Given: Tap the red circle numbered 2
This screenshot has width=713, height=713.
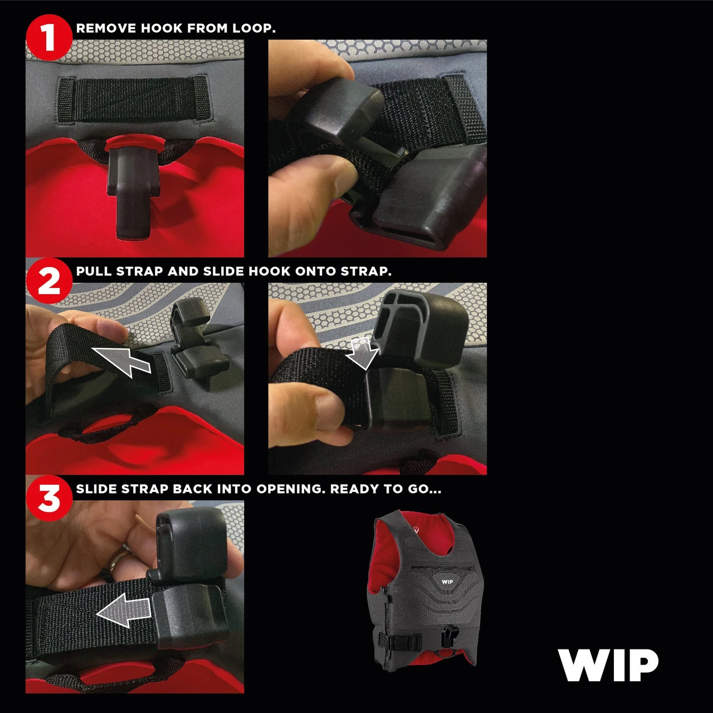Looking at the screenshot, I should [x=49, y=281].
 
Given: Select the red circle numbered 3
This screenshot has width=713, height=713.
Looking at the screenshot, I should [x=49, y=498].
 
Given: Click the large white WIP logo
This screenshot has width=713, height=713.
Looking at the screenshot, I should [x=608, y=665].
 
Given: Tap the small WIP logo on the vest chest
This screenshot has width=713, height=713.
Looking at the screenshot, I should [x=447, y=582].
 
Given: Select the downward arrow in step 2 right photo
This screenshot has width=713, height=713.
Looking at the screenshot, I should [x=363, y=354].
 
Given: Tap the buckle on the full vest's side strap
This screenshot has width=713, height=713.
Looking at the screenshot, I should [x=404, y=642].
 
